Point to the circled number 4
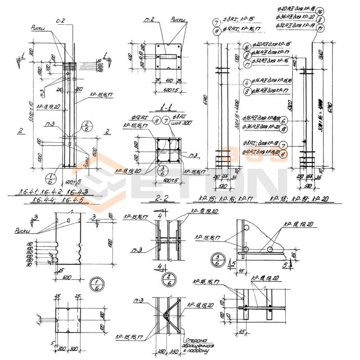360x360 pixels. [247, 83]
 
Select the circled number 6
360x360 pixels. [283, 121]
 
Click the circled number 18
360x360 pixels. [283, 129]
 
